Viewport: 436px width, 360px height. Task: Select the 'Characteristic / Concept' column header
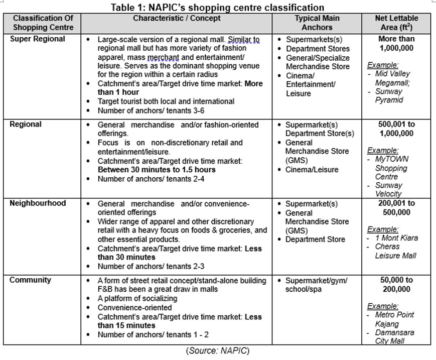pos(177,19)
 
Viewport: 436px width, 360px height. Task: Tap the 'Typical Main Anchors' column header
pos(317,23)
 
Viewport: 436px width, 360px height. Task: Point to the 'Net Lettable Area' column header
pos(396,23)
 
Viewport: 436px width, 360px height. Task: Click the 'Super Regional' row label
pos(38,39)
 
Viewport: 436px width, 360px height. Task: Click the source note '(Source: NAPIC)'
pos(217,350)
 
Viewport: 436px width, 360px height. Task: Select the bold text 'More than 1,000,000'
pos(396,43)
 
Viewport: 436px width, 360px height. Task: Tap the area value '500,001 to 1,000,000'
pos(396,129)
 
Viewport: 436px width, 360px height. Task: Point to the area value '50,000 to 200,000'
pos(396,284)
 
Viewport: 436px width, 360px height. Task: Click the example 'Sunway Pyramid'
pos(388,95)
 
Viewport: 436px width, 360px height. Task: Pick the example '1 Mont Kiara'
pos(396,238)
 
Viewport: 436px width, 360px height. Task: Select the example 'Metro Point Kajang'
pos(394,319)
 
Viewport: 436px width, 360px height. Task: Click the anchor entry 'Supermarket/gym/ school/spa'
pos(316,285)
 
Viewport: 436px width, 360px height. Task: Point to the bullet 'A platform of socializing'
pos(137,298)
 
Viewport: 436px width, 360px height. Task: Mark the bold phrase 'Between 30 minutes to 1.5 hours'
pos(157,170)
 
